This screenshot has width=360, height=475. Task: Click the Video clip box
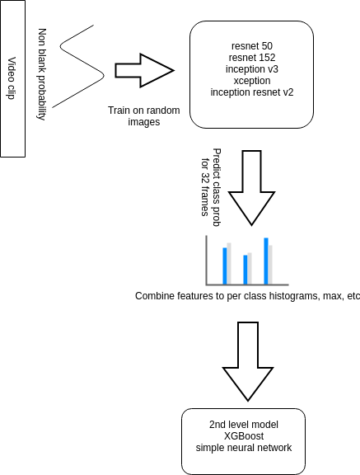coord(14,78)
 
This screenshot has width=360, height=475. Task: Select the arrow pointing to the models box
coord(143,70)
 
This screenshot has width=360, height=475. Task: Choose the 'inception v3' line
coord(251,69)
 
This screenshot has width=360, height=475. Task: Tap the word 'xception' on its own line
coord(251,81)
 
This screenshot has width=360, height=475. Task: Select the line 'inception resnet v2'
coord(251,92)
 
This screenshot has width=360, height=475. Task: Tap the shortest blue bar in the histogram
coord(245,269)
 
